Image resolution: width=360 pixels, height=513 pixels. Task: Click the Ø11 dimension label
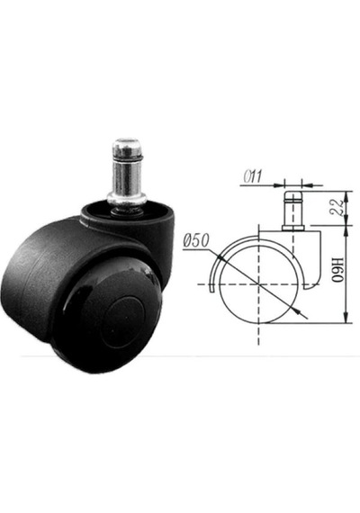(253, 176)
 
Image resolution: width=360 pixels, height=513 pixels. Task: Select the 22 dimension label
(337, 207)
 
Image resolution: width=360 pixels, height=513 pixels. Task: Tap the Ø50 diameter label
(196, 241)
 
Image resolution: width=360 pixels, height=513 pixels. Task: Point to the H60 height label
(337, 270)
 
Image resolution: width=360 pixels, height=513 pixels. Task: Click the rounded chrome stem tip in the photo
(126, 148)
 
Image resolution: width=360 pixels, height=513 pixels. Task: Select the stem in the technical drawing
(293, 211)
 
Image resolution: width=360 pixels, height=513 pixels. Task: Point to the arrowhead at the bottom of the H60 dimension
(346, 317)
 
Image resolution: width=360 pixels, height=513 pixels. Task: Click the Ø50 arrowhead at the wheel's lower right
(297, 311)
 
